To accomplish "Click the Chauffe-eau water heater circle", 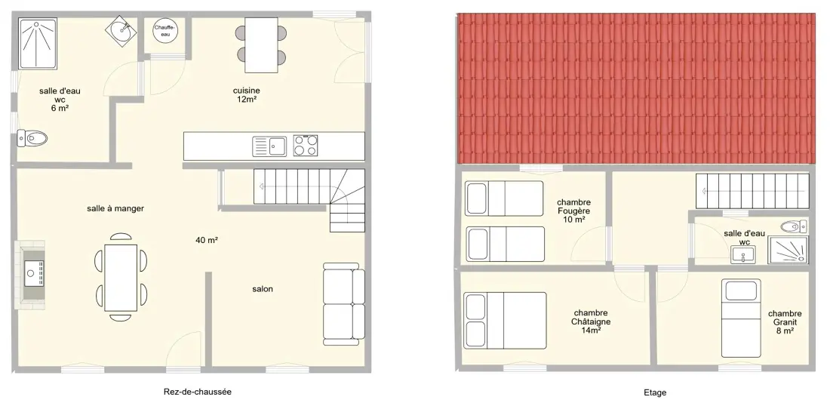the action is click(x=165, y=30).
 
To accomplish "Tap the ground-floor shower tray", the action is click(x=38, y=44).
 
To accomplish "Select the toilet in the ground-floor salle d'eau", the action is click(x=32, y=138).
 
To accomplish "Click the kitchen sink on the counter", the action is click(x=269, y=146).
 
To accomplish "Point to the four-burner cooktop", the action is click(x=306, y=146).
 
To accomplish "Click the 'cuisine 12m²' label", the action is click(x=247, y=94).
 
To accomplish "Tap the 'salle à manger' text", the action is click(x=115, y=208).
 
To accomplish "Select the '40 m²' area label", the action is click(x=207, y=240).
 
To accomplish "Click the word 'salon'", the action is click(x=263, y=289).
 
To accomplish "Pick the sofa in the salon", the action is click(x=344, y=304).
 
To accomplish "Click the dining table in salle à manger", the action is click(x=121, y=278).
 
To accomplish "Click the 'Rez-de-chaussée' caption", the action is click(x=198, y=392).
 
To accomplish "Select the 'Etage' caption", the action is click(x=655, y=392).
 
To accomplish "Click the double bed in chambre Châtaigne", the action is click(x=505, y=320).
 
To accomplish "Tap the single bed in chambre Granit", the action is click(x=741, y=318).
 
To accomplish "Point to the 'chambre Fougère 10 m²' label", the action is click(x=573, y=211).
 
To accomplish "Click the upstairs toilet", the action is click(x=794, y=227).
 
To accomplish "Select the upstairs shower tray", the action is click(x=788, y=250).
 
